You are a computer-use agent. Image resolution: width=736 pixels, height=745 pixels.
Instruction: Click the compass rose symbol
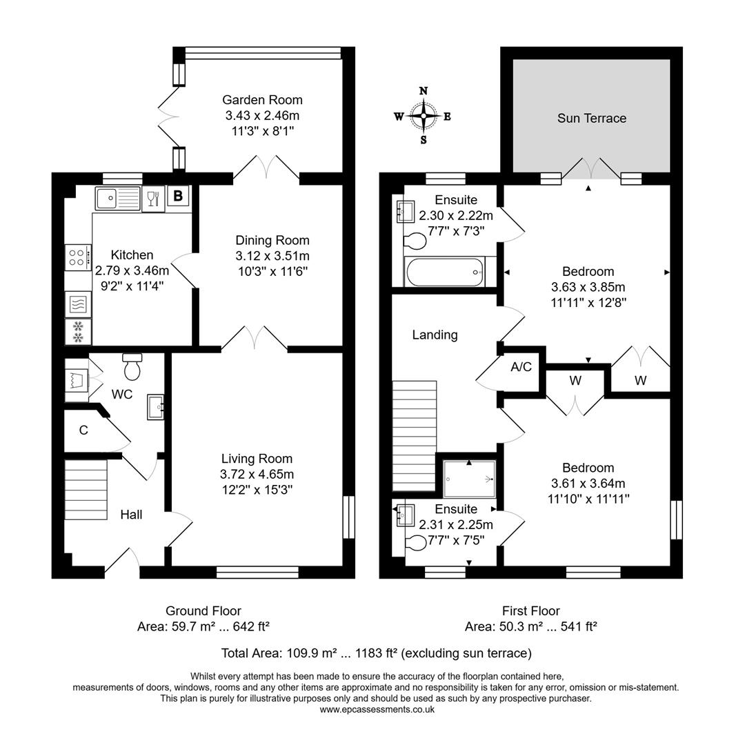(424, 116)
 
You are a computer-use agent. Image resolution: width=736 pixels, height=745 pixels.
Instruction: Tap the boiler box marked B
(178, 197)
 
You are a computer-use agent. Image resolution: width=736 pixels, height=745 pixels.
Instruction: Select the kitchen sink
(117, 199)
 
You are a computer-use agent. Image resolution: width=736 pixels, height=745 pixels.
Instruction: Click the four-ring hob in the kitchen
(78, 258)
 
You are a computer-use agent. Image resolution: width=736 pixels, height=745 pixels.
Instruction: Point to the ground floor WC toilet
(132, 367)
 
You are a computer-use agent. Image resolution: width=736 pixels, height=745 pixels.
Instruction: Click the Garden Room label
(262, 100)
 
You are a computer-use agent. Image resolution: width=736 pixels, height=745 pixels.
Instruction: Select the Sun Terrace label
(592, 118)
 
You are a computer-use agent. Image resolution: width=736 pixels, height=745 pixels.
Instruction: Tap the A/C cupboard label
(521, 367)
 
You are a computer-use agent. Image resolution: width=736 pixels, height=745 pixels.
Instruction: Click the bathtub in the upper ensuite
(445, 272)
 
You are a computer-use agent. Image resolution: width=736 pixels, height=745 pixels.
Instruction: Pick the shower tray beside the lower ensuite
(470, 479)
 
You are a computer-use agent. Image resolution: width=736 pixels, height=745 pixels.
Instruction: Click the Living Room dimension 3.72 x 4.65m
(257, 474)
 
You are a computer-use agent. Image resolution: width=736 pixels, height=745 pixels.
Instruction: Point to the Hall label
(131, 515)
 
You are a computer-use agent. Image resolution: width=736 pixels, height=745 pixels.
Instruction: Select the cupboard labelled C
(83, 430)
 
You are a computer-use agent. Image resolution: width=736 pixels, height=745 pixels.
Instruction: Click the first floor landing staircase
(415, 435)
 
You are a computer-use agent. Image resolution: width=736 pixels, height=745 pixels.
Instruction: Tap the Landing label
(435, 335)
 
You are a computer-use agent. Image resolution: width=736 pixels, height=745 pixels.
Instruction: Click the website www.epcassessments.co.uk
(377, 710)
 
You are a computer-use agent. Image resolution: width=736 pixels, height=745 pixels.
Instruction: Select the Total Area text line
(376, 653)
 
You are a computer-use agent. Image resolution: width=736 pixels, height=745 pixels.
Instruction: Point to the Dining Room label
(272, 241)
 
